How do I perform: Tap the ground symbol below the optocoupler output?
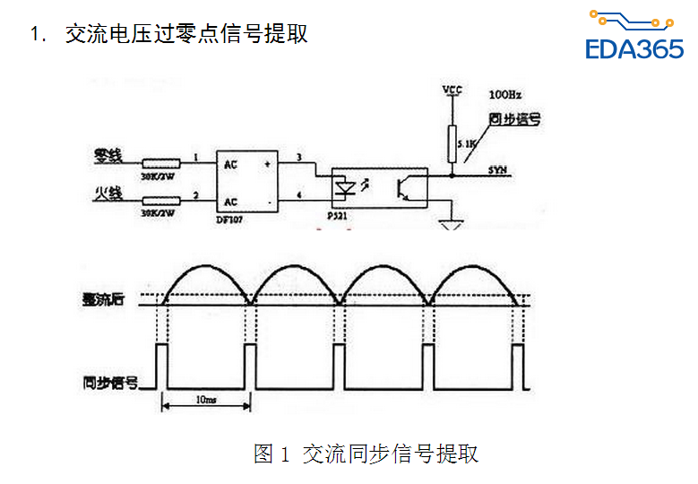452,220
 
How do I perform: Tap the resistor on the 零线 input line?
163,163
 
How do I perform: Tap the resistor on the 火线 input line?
163,203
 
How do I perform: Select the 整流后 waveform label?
100,301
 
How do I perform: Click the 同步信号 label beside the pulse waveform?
106,382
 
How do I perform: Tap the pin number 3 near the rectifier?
298,157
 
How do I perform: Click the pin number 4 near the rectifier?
298,194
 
